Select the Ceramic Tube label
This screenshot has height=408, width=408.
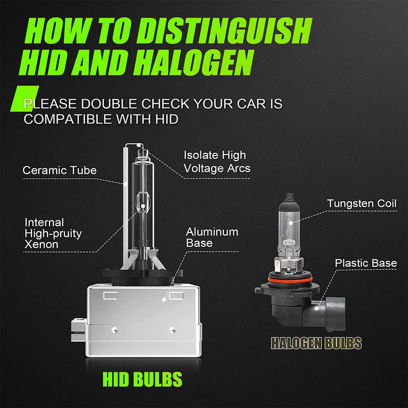pos(60,170)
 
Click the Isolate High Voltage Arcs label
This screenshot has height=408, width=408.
pos(217,162)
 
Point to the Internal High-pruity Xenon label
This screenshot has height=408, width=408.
pos(53,233)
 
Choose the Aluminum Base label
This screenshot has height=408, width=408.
pos(212,237)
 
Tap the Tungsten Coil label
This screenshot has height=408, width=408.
pos(362,203)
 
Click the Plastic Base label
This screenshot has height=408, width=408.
pos(366,263)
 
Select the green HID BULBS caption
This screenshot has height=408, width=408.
pos(143,379)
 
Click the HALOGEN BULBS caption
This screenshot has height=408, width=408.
pos(316,343)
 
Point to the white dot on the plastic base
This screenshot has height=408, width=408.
pos(316,308)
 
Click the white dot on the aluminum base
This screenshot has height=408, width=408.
pos(164,299)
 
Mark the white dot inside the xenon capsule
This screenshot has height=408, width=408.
pos(143,206)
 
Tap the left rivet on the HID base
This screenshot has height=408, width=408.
pos(115,330)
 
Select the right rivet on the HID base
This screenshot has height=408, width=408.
pos(172,330)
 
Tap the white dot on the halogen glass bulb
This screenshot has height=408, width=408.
pos(291,223)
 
